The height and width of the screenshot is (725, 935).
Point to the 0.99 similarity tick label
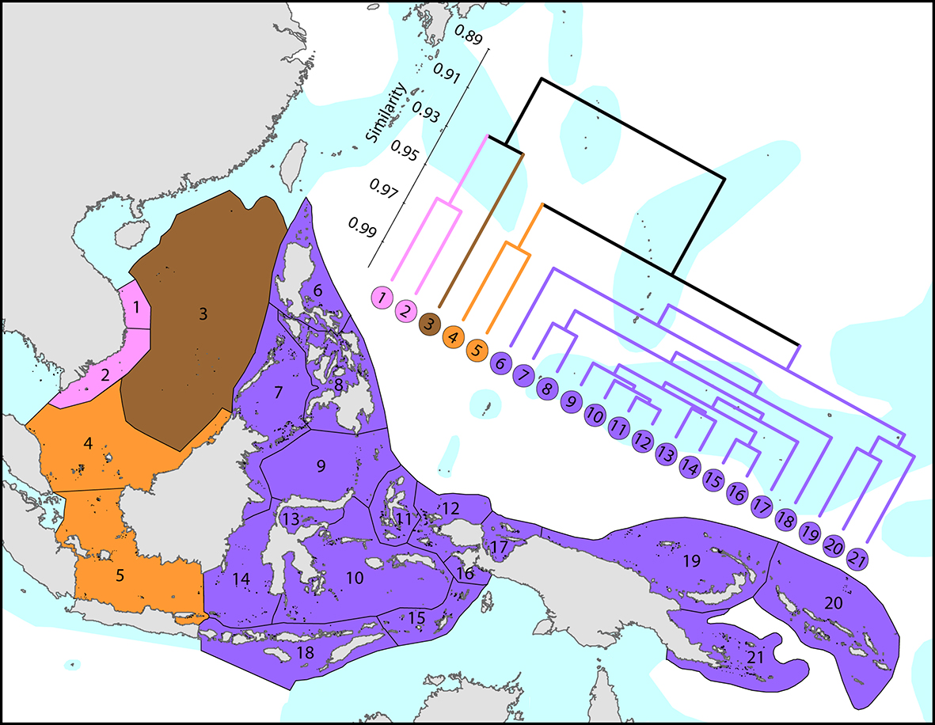(x=363, y=230)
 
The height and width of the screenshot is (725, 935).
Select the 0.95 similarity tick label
(x=405, y=153)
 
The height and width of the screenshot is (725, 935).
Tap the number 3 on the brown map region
(x=203, y=314)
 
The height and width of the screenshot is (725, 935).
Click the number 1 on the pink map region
(x=137, y=306)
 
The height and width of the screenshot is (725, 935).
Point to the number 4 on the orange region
(x=89, y=445)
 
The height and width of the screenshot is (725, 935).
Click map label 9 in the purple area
(x=321, y=466)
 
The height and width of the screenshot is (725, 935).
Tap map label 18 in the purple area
(x=305, y=653)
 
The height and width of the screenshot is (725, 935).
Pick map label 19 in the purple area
(x=692, y=561)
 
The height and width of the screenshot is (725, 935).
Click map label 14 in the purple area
(x=241, y=579)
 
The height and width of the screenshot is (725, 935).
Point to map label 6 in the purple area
(x=317, y=290)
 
